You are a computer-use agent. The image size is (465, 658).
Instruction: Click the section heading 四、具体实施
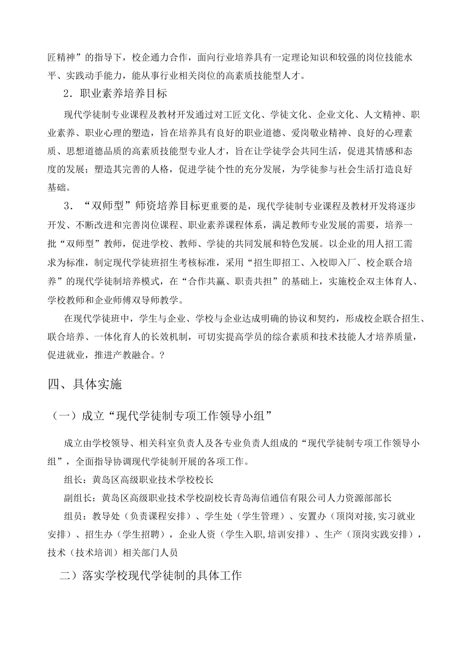tap(84, 385)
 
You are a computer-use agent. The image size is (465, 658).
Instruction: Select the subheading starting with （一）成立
tap(162, 416)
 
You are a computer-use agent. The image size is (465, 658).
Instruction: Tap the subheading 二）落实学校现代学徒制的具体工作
tap(150, 575)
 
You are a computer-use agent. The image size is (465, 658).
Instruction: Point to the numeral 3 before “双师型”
tap(67, 206)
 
